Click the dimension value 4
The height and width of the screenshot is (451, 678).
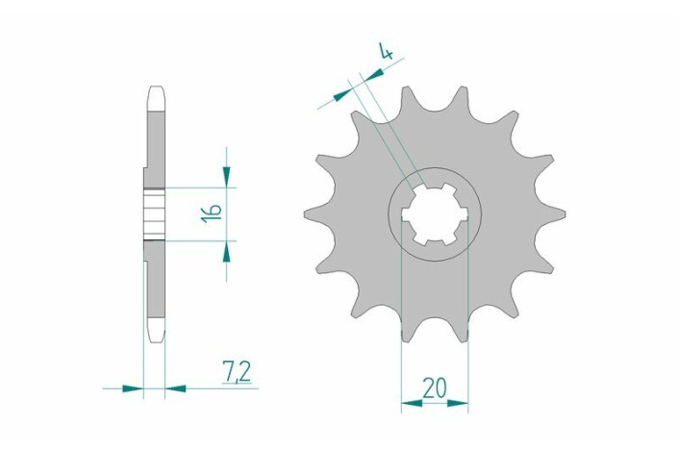[387, 51]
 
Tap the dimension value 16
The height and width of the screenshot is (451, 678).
[212, 213]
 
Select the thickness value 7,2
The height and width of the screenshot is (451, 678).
[237, 372]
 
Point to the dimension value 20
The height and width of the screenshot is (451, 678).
[435, 388]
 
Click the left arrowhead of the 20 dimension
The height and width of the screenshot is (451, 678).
[412, 404]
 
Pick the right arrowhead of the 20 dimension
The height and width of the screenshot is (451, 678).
[458, 404]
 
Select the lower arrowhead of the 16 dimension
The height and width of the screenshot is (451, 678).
[226, 251]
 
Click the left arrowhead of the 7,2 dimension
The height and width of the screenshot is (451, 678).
[133, 388]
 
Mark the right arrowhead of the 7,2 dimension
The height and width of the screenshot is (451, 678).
[176, 388]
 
